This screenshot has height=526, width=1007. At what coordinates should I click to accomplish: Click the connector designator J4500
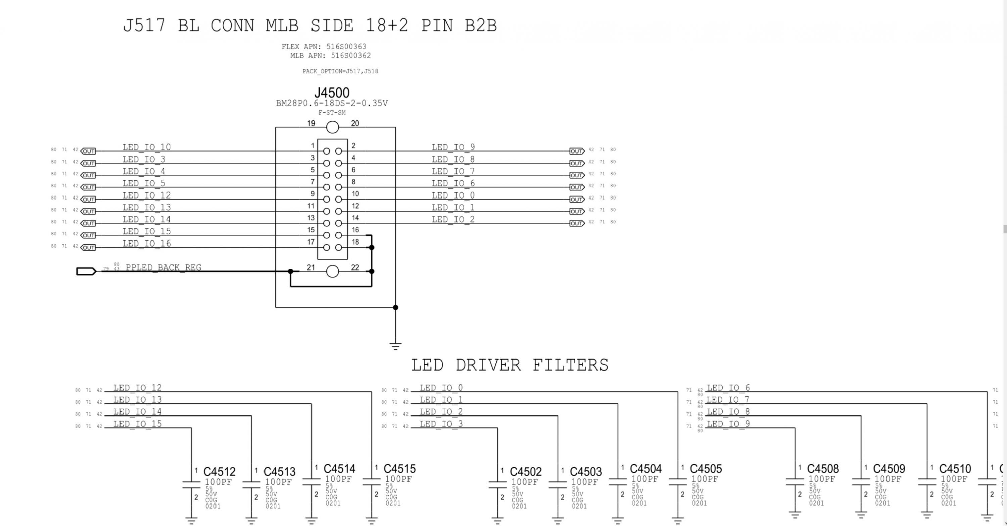point(332,93)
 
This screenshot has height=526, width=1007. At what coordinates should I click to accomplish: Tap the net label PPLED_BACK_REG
point(163,267)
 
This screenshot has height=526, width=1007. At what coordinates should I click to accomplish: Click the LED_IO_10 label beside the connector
point(147,147)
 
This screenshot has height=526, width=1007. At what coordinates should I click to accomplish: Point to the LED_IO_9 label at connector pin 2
point(453,147)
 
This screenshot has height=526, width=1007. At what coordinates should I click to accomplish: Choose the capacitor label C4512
point(219,472)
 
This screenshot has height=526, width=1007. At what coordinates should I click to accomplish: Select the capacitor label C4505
point(706,469)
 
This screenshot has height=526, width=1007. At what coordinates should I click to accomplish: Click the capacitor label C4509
point(889,469)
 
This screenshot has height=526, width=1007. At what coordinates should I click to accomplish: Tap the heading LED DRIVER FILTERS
point(509,365)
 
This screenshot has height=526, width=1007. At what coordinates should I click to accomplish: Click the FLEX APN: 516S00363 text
point(324,47)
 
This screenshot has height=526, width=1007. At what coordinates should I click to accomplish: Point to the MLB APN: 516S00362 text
point(330,56)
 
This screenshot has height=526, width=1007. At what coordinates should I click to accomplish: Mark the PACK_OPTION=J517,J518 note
point(340,71)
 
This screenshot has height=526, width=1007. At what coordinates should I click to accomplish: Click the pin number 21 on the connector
point(311,267)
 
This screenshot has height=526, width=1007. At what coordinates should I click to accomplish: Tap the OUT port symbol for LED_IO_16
point(88,247)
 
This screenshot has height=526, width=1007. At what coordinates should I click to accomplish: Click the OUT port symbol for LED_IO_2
point(577,223)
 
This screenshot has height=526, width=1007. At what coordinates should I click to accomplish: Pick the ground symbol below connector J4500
point(396,345)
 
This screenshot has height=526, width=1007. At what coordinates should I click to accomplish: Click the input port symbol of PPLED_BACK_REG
point(86,271)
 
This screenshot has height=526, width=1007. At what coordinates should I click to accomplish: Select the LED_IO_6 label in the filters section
point(728,388)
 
